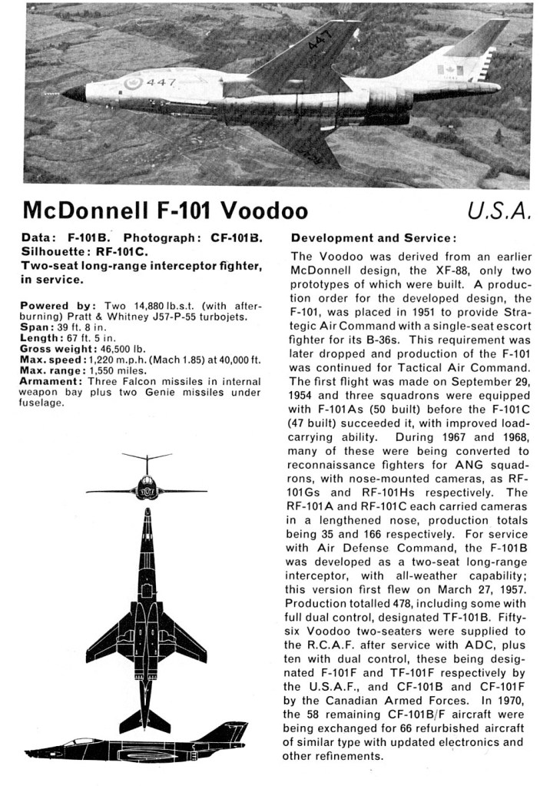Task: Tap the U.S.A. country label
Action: (x=499, y=210)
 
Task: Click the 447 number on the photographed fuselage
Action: (x=161, y=82)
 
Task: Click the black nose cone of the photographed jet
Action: (x=74, y=94)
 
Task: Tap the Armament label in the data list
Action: (x=51, y=381)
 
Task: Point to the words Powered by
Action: (x=51, y=306)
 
